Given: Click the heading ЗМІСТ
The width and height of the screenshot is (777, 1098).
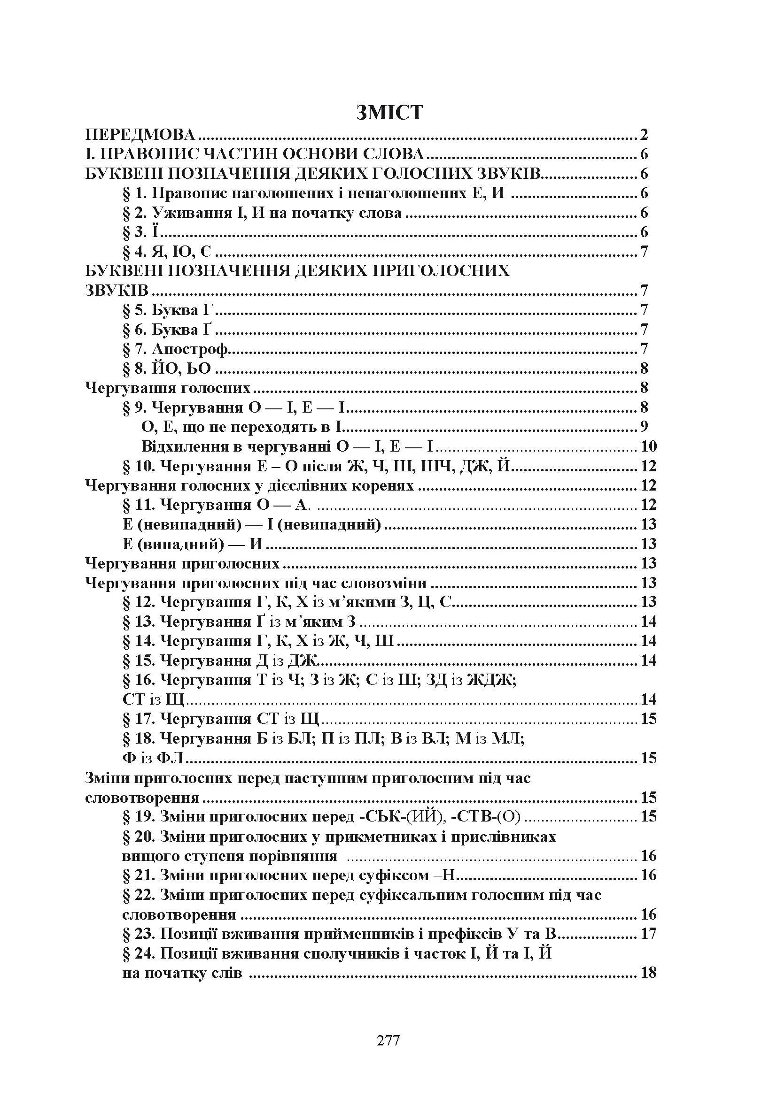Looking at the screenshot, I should pos(390,112).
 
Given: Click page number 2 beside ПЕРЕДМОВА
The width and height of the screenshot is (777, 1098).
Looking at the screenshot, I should pos(644,135).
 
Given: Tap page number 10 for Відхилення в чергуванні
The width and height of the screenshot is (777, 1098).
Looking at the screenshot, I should pos(648,446).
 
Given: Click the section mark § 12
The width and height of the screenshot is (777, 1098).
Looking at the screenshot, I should pos(139,602).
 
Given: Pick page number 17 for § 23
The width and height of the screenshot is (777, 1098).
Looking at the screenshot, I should pos(648,933).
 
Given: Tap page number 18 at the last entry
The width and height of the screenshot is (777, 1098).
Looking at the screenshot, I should pos(648,972).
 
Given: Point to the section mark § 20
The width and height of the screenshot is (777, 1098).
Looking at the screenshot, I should pos(139,837).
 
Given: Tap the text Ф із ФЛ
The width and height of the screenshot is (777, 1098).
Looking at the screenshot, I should pos(154,758).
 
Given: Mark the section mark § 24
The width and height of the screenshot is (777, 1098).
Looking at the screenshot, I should pos(139,953).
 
